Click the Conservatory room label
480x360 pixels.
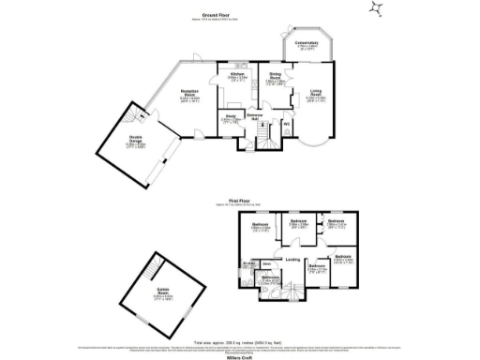(307, 43)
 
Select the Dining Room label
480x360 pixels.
(276, 79)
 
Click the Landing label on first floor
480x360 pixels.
(292, 259)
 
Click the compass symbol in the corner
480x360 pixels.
(376, 9)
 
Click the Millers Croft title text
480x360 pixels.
(241, 354)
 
